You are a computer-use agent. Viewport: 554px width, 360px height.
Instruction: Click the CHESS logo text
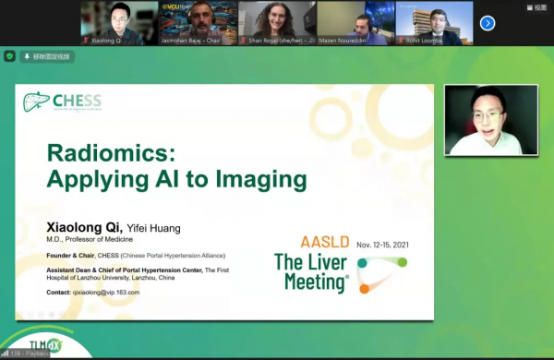[x=78, y=101]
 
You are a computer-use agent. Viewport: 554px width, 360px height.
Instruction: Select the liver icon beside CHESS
[x=36, y=102]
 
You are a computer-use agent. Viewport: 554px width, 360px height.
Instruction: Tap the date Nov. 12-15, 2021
[x=381, y=245]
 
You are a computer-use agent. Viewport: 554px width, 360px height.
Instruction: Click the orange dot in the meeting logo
[x=365, y=289]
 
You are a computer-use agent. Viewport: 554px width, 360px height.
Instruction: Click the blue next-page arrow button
[x=488, y=23]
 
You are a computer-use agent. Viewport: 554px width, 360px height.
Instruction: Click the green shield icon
[x=10, y=56]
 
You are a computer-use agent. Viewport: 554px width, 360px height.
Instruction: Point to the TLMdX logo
[x=34, y=348]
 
